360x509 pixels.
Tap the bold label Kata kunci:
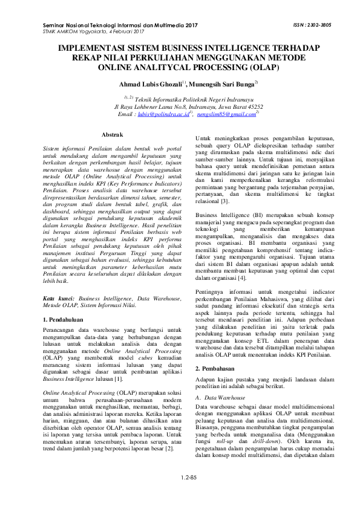[x=58, y=299]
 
